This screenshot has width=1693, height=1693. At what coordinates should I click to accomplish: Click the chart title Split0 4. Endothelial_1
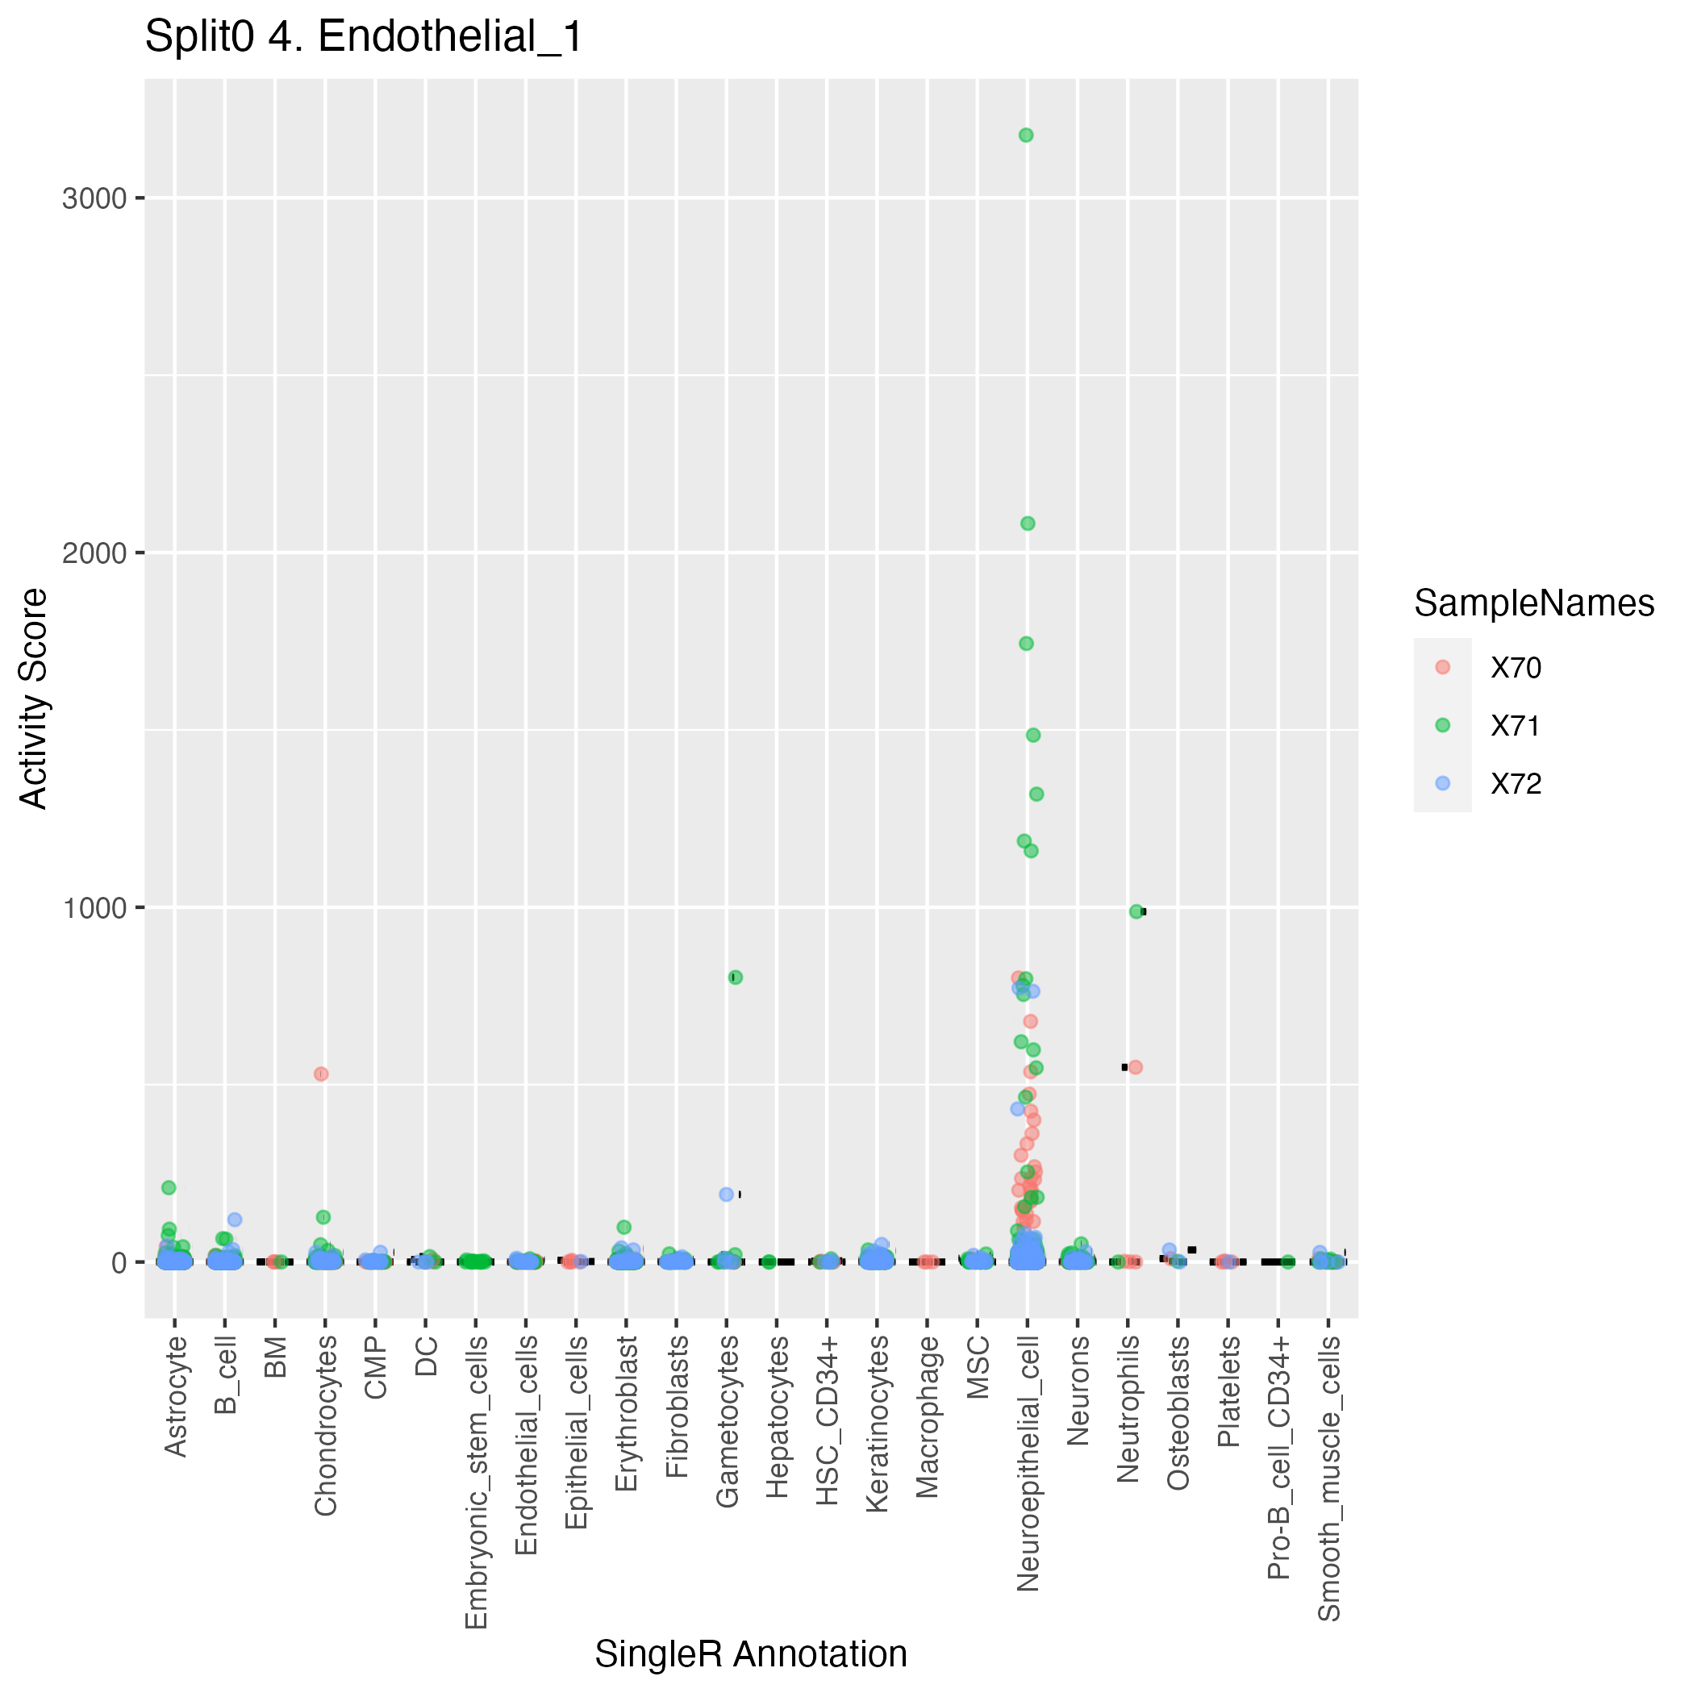coord(364,38)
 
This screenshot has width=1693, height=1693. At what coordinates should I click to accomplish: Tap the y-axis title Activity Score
coord(34,698)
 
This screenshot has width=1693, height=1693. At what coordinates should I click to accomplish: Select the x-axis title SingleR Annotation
coord(751,1653)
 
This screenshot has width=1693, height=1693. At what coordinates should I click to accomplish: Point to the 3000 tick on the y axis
coord(94,199)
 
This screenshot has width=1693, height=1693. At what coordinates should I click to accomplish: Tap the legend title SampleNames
coord(1533,604)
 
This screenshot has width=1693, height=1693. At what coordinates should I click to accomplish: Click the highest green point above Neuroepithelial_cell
coord(1026,135)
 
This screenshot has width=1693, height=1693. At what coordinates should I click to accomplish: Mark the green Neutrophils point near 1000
coord(1136,911)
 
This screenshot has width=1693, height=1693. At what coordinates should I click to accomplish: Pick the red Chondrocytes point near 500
coord(322,1074)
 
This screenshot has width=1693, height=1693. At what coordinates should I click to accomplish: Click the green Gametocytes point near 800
coord(736,977)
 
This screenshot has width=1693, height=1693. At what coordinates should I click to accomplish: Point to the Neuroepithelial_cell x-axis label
coord(1028,1463)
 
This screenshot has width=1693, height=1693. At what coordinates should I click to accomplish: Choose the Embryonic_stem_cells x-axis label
coord(476,1482)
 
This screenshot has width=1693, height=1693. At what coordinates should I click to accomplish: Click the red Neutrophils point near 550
coord(1136,1067)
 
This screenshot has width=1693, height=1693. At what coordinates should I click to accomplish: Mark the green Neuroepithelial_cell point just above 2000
coord(1028,523)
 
